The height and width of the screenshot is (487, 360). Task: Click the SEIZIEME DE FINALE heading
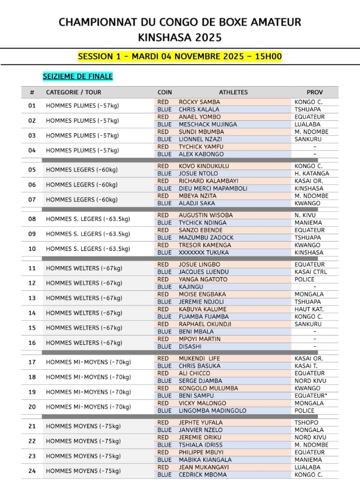[x=77, y=76]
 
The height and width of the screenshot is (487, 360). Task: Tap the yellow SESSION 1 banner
[x=180, y=56]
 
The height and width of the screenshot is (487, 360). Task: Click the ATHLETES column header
[x=233, y=92]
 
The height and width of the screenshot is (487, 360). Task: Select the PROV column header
[x=314, y=92]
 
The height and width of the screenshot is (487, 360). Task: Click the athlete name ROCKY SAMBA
[x=199, y=102]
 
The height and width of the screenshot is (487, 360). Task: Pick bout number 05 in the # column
[x=32, y=170]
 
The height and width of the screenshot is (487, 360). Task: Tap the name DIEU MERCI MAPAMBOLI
[x=213, y=188]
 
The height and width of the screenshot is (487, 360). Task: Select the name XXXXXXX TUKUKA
[x=204, y=253]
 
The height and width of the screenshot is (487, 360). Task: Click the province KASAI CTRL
[x=311, y=272]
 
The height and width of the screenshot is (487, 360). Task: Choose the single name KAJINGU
[x=191, y=287]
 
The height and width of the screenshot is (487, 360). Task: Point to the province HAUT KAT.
[x=309, y=309]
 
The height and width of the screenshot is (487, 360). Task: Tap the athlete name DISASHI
[x=190, y=346]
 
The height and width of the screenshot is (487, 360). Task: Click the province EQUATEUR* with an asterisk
[x=311, y=395]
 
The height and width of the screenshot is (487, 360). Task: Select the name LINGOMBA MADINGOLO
[x=212, y=410]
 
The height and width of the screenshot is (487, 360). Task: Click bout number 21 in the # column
[x=32, y=426]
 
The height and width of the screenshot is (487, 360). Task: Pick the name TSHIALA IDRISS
[x=201, y=445]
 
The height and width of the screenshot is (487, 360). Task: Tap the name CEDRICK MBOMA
[x=202, y=474]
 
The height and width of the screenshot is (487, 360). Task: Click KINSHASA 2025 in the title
[x=180, y=37]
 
